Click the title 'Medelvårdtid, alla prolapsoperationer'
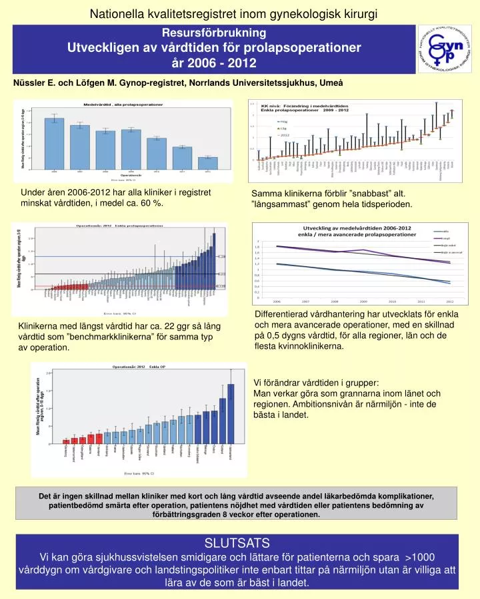tap(123, 104)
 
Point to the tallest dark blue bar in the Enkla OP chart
tap(231, 413)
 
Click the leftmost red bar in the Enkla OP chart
tap(66, 441)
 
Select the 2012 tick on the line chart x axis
tap(450, 301)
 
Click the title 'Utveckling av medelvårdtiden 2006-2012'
tap(359, 228)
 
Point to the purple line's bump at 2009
tap(363, 250)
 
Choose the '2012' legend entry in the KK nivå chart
tap(285, 134)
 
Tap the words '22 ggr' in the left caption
tap(175, 326)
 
